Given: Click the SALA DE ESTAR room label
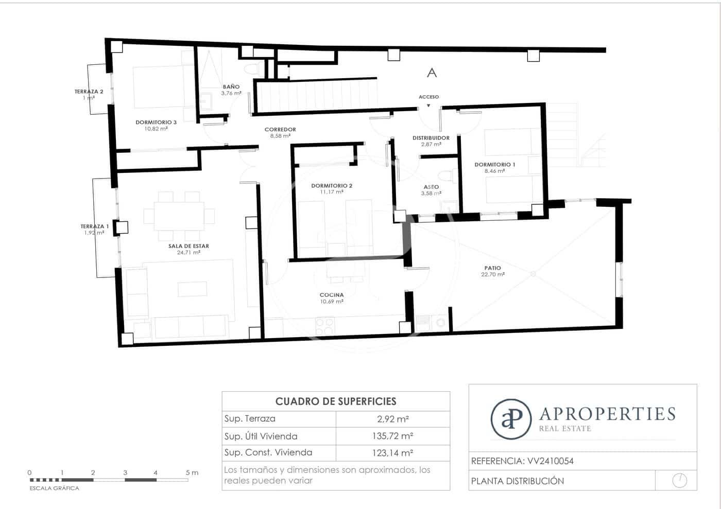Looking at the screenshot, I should click(188, 246).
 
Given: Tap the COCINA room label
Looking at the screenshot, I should click(331, 295).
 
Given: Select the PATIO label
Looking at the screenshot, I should click(492, 268).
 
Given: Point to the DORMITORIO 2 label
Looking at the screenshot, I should click(332, 186).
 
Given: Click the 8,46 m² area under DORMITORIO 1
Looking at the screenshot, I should click(494, 171).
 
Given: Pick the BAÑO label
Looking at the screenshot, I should click(231, 87).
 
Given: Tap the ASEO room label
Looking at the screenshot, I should click(431, 187).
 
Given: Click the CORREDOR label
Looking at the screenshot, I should click(280, 130).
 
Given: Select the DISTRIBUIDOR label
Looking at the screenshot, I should click(431, 138).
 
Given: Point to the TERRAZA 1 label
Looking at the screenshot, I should click(94, 226).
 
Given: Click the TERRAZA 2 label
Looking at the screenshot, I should click(89, 92).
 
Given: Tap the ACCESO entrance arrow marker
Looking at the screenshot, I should click(428, 106).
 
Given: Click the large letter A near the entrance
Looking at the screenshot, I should click(432, 73).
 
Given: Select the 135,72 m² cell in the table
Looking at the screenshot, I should click(392, 436).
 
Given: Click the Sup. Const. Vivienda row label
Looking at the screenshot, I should click(268, 452).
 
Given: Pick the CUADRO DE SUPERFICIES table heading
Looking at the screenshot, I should click(336, 401).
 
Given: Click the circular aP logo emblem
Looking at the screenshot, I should click(510, 418).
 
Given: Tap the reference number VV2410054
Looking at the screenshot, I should click(550, 461).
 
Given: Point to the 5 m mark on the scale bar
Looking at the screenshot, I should click(188, 472).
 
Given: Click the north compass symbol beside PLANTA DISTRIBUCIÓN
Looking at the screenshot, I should click(679, 481).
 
